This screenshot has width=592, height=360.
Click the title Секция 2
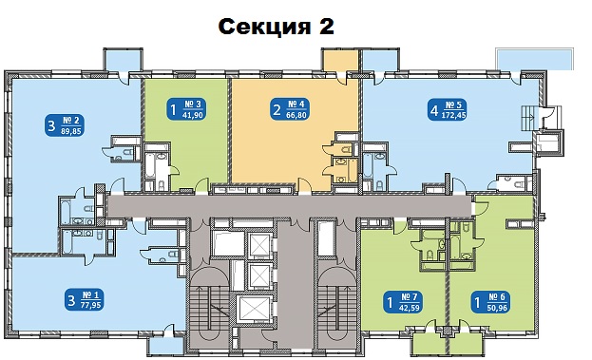[276, 27]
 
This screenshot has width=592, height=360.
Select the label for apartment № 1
[85, 300]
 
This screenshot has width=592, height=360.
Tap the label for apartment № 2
[65, 125]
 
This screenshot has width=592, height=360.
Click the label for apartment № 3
[186, 109]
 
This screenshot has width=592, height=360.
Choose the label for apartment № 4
[290, 109]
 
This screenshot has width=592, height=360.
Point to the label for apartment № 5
[447, 110]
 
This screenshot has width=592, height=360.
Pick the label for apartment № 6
[490, 302]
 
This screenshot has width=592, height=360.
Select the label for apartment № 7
[403, 302]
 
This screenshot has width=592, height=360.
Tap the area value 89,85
[70, 131]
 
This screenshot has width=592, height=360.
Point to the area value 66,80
[296, 115]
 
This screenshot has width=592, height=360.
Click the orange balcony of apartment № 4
[340, 60]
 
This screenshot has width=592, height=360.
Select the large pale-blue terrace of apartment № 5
[535, 60]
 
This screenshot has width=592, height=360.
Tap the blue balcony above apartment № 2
[123, 61]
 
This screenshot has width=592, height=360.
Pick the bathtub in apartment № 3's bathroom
[149, 166]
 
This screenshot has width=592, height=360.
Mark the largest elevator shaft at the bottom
[253, 310]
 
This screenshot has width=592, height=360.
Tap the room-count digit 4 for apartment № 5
[434, 110]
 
